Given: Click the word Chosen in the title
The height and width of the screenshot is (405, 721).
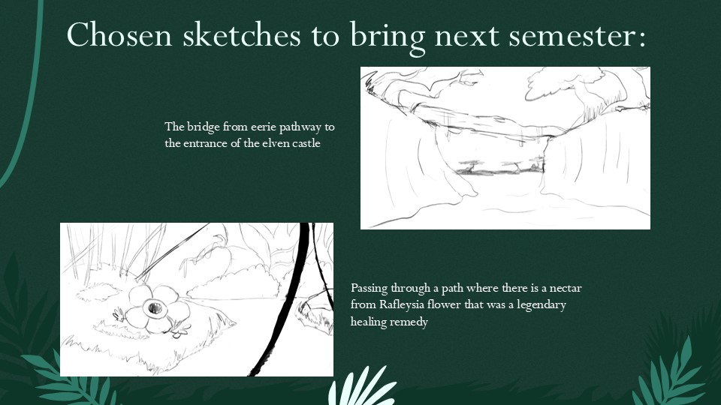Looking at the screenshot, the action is [119, 34].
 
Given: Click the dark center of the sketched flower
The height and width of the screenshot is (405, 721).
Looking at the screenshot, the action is [155, 307].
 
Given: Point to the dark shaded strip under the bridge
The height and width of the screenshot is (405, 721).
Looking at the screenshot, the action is [499, 172].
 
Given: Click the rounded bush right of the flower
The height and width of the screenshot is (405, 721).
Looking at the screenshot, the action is [234, 283].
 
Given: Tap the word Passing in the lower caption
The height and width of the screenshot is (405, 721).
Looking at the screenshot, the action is [369, 288].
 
